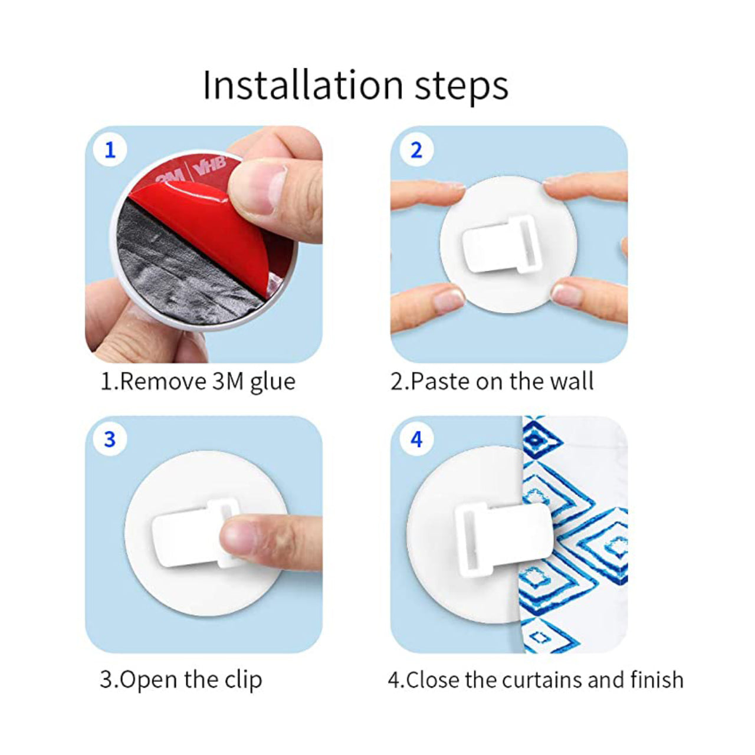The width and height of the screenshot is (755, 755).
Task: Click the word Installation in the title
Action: (303, 85)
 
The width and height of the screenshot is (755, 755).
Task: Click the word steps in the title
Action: (461, 86)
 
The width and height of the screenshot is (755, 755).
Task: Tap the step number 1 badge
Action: (110, 150)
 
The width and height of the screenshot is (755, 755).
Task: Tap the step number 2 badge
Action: (416, 150)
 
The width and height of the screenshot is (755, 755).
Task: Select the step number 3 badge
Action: (110, 439)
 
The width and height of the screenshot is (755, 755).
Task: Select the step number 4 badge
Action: (416, 439)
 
